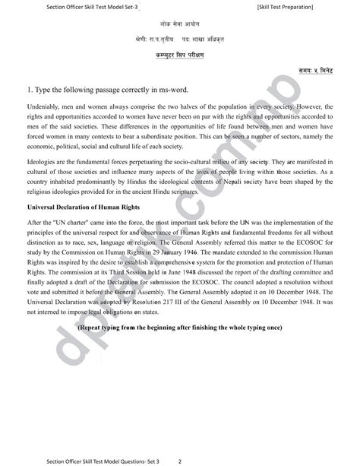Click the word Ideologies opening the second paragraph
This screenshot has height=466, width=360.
(41, 162)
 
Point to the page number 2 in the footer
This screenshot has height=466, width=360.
(179, 459)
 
